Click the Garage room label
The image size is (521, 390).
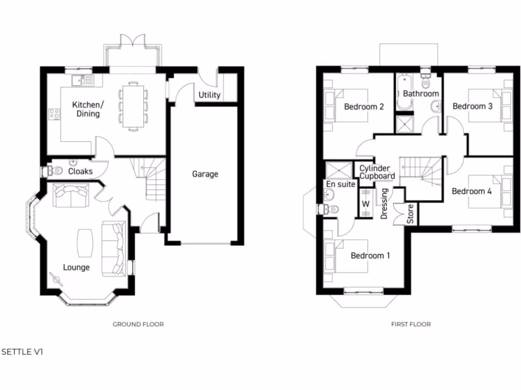(205, 174)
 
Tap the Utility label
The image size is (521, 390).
(209, 95)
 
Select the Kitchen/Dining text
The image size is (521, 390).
(88, 109)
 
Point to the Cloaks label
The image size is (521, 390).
(80, 171)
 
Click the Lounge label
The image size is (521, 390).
(76, 267)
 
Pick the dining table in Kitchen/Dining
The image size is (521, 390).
(133, 106)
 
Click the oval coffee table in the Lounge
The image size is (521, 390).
(84, 243)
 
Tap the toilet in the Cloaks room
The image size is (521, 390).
(50, 171)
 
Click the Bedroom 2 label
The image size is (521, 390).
(364, 107)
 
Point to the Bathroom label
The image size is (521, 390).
(421, 94)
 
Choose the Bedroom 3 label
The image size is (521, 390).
(473, 107)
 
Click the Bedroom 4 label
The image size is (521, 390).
(472, 191)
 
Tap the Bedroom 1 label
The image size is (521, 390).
(370, 255)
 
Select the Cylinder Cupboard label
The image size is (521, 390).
(377, 172)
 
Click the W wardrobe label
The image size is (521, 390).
(365, 204)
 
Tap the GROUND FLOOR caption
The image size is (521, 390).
(138, 324)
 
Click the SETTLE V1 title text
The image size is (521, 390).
(22, 351)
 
